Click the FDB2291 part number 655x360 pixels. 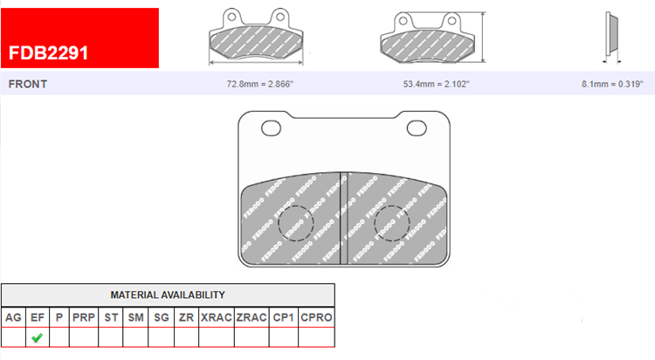tap(48, 53)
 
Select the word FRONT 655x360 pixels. tap(28, 84)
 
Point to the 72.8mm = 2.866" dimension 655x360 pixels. tap(260, 84)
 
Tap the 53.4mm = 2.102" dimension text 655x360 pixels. tap(436, 84)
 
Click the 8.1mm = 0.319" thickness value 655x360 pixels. tap(612, 84)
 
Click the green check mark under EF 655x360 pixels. tap(38, 337)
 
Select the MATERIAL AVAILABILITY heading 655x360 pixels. tap(168, 294)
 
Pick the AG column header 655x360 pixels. tap(13, 317)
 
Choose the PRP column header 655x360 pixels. tap(84, 317)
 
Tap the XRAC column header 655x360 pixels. tap(217, 317)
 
